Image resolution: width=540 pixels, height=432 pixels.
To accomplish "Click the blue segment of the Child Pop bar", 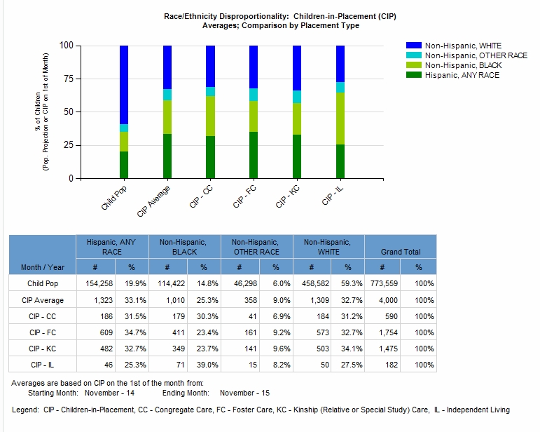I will coord(124,84).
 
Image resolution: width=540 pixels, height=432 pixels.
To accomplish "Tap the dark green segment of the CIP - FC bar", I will coord(254,155).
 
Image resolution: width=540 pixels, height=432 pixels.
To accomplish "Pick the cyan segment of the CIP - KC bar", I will coord(297,97).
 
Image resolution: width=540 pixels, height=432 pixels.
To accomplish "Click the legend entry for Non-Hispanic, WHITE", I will coord(463,46).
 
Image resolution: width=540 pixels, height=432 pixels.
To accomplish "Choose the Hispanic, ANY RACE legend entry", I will coord(462,75).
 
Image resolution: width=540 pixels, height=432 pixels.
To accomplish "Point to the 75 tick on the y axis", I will coord(67,79).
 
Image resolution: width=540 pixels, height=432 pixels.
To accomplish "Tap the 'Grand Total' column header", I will coord(401,251).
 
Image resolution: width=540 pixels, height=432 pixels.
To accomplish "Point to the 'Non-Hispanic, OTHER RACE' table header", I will coord(256,246).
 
